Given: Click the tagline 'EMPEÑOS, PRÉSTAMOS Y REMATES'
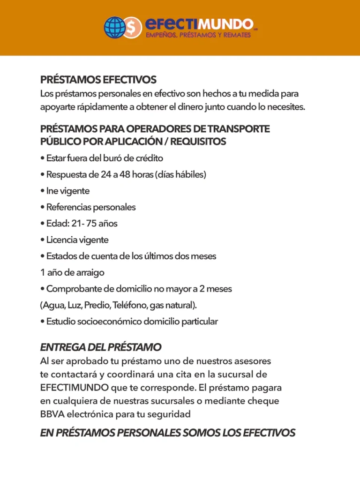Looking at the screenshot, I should [x=198, y=36].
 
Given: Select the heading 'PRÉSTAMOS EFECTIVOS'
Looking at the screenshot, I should [x=98, y=80].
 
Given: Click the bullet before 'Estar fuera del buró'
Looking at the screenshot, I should [x=42, y=158].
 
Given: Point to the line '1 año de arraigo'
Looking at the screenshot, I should [x=72, y=272].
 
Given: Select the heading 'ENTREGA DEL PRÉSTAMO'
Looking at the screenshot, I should [x=101, y=347].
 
